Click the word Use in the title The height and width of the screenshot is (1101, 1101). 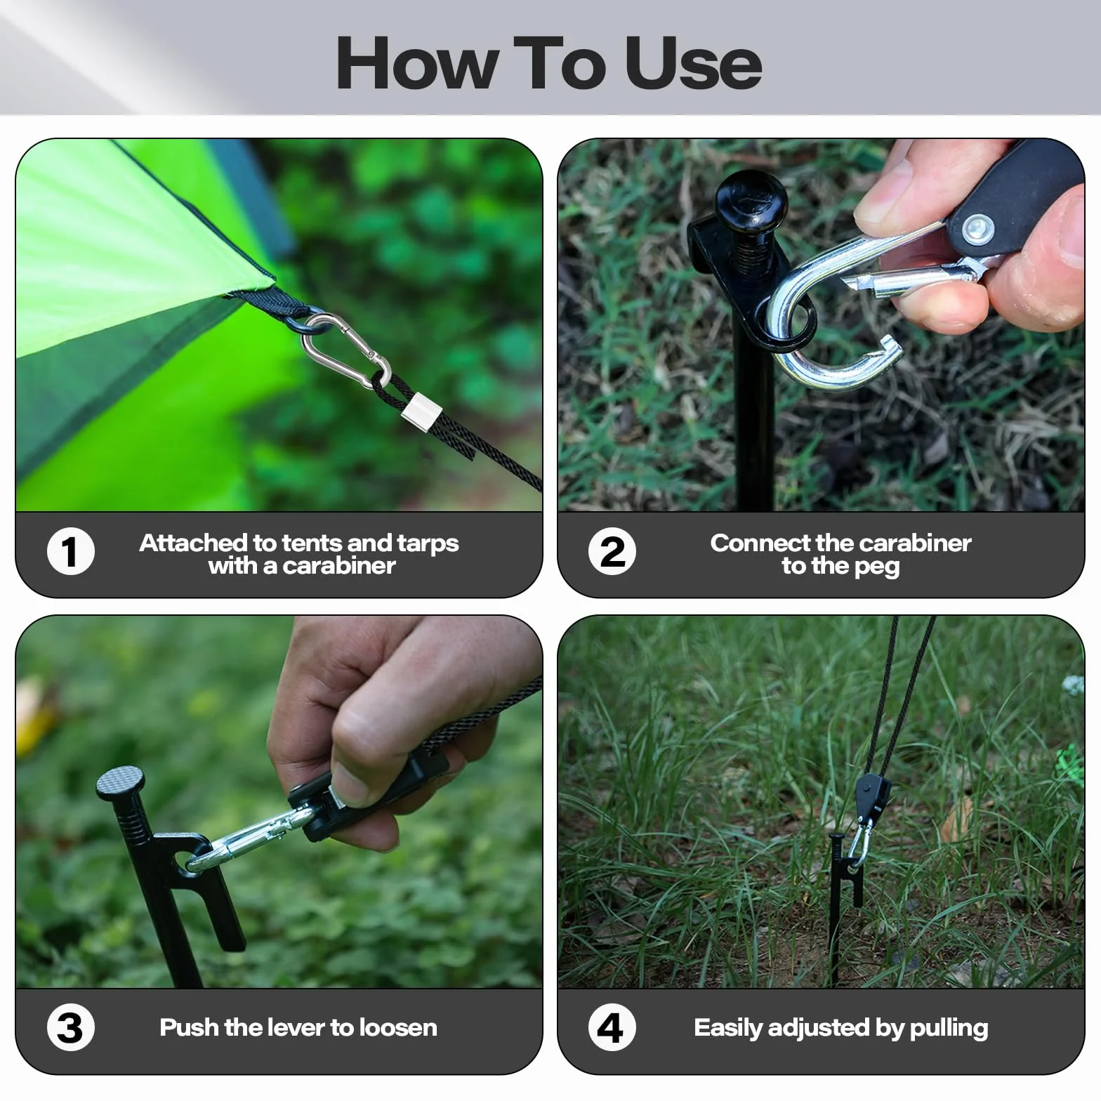coord(692,63)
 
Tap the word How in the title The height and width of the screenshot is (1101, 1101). coord(416,63)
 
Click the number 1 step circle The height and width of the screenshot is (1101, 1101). coord(71,551)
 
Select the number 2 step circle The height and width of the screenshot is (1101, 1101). coord(612,551)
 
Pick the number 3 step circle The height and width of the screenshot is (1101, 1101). coord(71,1027)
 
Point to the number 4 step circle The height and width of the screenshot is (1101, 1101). coord(612,1027)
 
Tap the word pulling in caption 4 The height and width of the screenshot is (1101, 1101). coord(949,1029)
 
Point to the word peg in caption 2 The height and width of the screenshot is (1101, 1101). coord(877,567)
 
